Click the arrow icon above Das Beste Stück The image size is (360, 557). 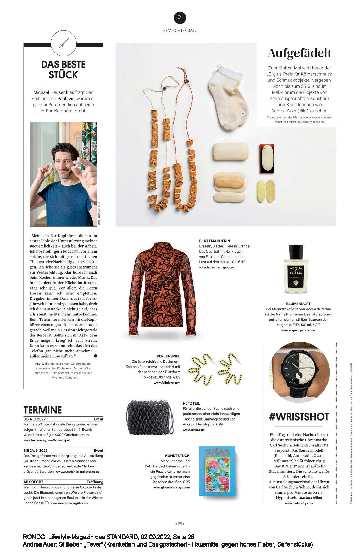64,43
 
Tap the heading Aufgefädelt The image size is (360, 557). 299,53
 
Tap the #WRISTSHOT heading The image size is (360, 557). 299,417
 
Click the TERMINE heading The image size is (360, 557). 43,410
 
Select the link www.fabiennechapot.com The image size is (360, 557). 217,267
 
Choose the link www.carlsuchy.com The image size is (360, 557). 299,503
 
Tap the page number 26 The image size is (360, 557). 180,524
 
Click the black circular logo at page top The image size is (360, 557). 180,18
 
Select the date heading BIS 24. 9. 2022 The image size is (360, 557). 36,450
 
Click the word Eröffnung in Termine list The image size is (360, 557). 95,482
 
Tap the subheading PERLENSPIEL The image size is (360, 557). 168,356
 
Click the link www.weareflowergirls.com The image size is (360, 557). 69,503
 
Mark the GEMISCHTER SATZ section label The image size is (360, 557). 180,30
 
